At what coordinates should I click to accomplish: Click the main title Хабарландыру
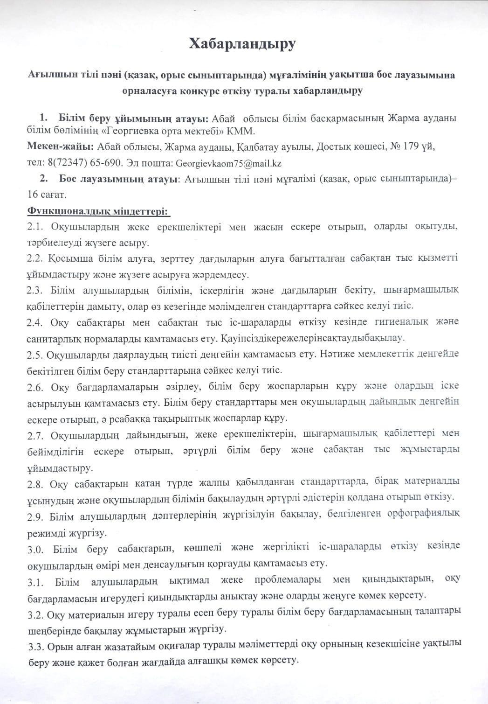coord(242,44)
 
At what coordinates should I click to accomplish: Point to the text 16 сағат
coord(47,195)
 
